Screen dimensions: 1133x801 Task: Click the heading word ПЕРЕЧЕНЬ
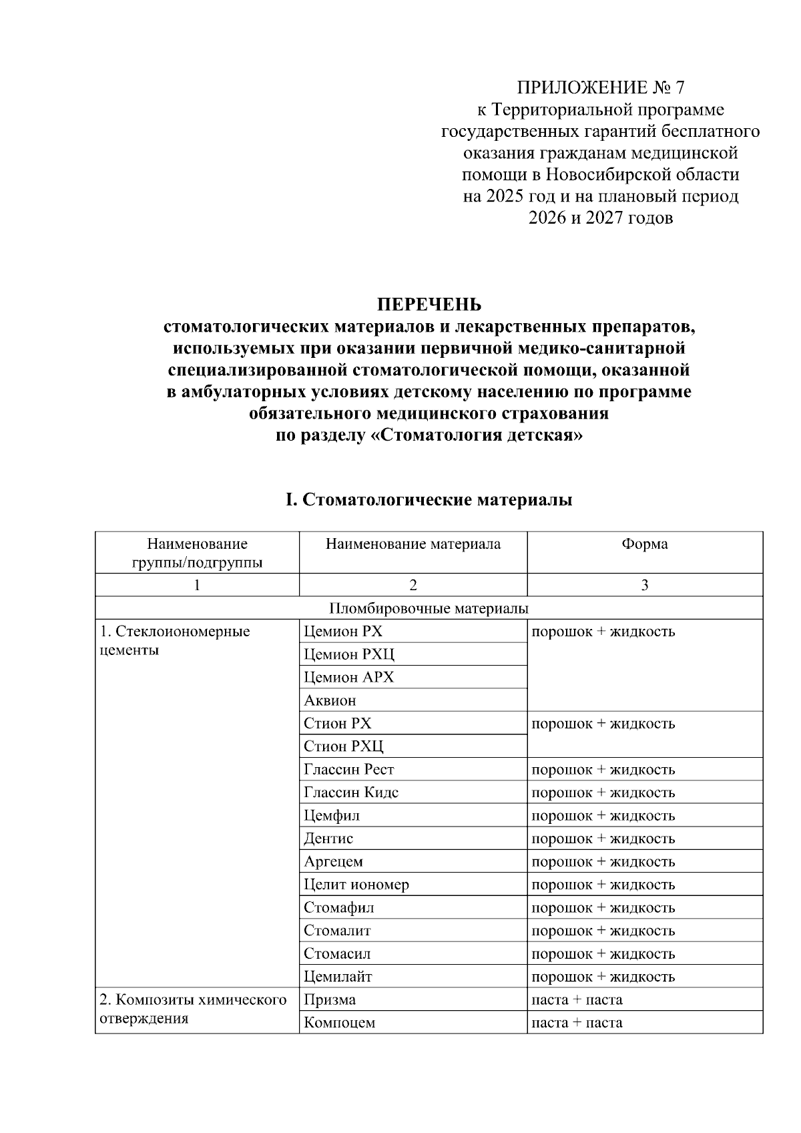click(x=429, y=305)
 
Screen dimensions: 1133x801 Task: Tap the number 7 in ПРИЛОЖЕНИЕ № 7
click(x=680, y=88)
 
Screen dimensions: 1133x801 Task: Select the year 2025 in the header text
click(x=506, y=196)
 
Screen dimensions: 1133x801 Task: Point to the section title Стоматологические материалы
click(x=437, y=499)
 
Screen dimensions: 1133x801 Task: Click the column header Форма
click(x=644, y=544)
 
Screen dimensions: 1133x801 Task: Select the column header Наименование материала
click(x=413, y=544)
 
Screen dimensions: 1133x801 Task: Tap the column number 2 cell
click(x=413, y=586)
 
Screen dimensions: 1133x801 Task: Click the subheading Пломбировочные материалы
click(x=429, y=608)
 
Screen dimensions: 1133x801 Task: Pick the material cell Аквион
click(x=330, y=700)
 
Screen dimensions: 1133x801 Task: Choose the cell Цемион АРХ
click(x=348, y=677)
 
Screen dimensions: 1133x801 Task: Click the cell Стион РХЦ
click(x=344, y=746)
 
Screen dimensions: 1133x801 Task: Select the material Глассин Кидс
click(x=351, y=792)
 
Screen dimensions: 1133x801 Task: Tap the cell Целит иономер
click(x=356, y=885)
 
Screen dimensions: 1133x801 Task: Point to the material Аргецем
click(x=333, y=861)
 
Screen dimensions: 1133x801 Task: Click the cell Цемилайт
click(x=338, y=977)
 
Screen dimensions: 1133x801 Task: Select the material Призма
click(x=330, y=999)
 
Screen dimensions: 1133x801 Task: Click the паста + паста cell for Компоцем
click(x=577, y=1022)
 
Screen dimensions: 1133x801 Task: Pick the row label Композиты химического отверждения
click(x=194, y=1009)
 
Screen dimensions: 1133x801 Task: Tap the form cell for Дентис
click(x=603, y=839)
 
